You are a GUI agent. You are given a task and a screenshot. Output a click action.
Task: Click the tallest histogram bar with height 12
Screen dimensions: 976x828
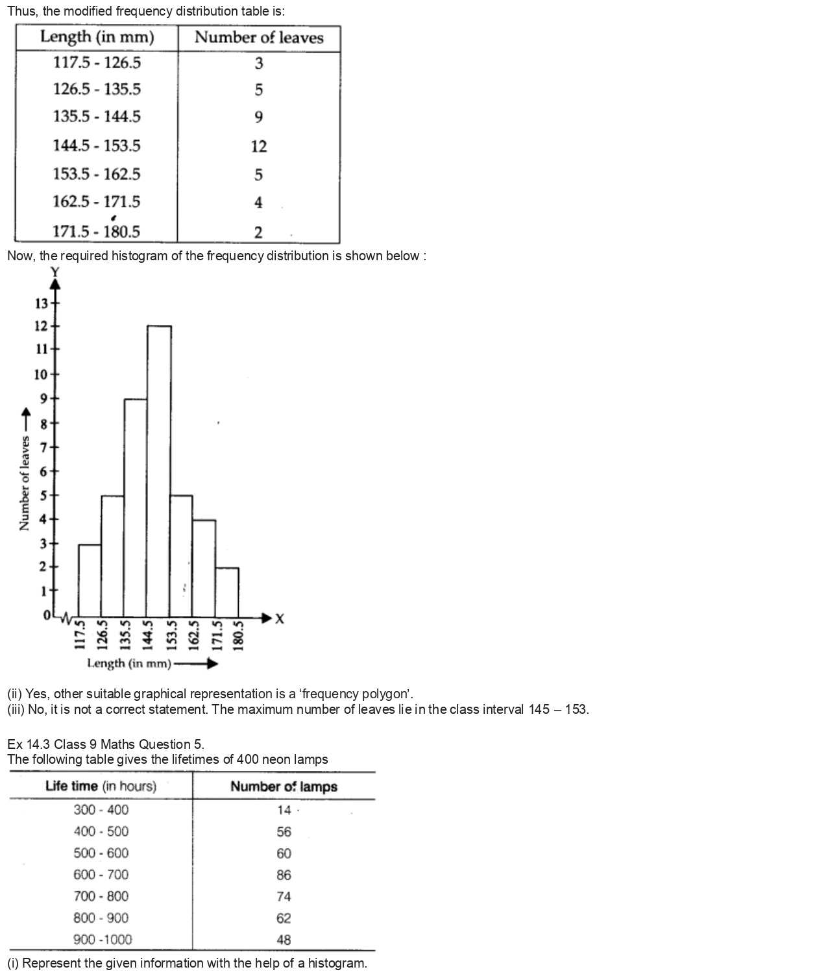[159, 470]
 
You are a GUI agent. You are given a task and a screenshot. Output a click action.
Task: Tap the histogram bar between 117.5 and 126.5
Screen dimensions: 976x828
[90, 580]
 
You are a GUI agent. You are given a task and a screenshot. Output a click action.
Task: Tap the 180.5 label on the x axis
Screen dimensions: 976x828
[238, 635]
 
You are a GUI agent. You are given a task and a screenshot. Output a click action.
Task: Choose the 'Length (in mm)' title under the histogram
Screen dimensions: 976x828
[129, 663]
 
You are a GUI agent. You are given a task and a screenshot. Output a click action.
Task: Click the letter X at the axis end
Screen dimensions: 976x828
[280, 619]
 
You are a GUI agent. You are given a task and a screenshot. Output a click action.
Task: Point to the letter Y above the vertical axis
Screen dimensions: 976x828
[55, 271]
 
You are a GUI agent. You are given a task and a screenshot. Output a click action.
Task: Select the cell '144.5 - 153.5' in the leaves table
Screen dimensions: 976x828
[97, 145]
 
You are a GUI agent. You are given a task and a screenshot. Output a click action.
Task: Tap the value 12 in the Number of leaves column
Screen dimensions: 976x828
[259, 147]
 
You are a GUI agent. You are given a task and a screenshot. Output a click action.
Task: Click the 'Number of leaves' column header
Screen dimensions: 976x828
[259, 38]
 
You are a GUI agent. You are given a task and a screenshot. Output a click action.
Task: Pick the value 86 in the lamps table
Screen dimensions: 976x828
[284, 875]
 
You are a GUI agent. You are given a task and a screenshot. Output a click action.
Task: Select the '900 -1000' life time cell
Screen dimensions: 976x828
[103, 939]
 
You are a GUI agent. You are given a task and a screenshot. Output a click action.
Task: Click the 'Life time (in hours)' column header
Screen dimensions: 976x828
[101, 786]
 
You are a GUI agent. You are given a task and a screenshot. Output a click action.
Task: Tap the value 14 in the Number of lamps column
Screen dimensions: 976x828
[284, 810]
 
